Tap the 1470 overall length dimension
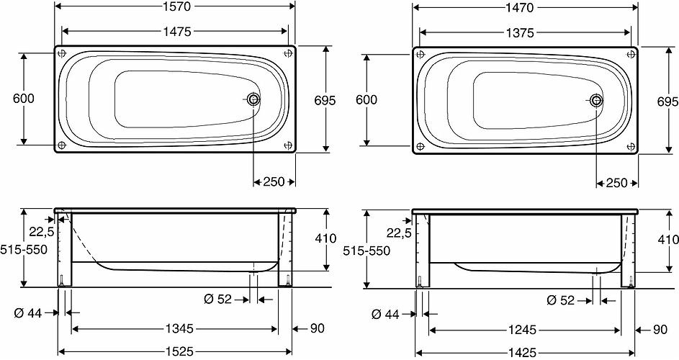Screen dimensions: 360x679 526,8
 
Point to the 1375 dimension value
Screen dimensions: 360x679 526,32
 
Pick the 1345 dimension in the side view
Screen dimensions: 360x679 174,329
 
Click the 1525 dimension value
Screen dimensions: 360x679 174,352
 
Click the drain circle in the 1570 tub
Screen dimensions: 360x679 253,100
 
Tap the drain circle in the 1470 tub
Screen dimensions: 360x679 596,100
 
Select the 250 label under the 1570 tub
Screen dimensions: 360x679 274,182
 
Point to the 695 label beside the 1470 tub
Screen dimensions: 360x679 667,100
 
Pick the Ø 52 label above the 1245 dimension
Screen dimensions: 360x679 560,300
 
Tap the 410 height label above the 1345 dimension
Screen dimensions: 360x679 325,238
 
